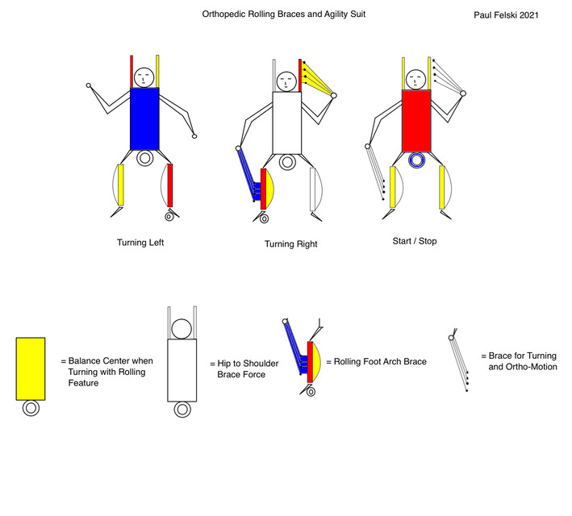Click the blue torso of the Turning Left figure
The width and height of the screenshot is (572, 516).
144,119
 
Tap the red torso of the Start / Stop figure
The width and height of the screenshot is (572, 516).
416,121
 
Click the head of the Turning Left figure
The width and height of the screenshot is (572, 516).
144,77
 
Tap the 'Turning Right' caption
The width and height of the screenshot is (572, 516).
290,243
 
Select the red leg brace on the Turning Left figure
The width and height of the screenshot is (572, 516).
171,185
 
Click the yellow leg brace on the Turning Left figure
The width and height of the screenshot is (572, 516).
121,186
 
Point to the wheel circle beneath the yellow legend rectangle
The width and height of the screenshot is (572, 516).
31,409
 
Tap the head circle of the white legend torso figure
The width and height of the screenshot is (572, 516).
182,329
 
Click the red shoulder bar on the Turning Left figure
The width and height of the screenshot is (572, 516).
132,71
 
